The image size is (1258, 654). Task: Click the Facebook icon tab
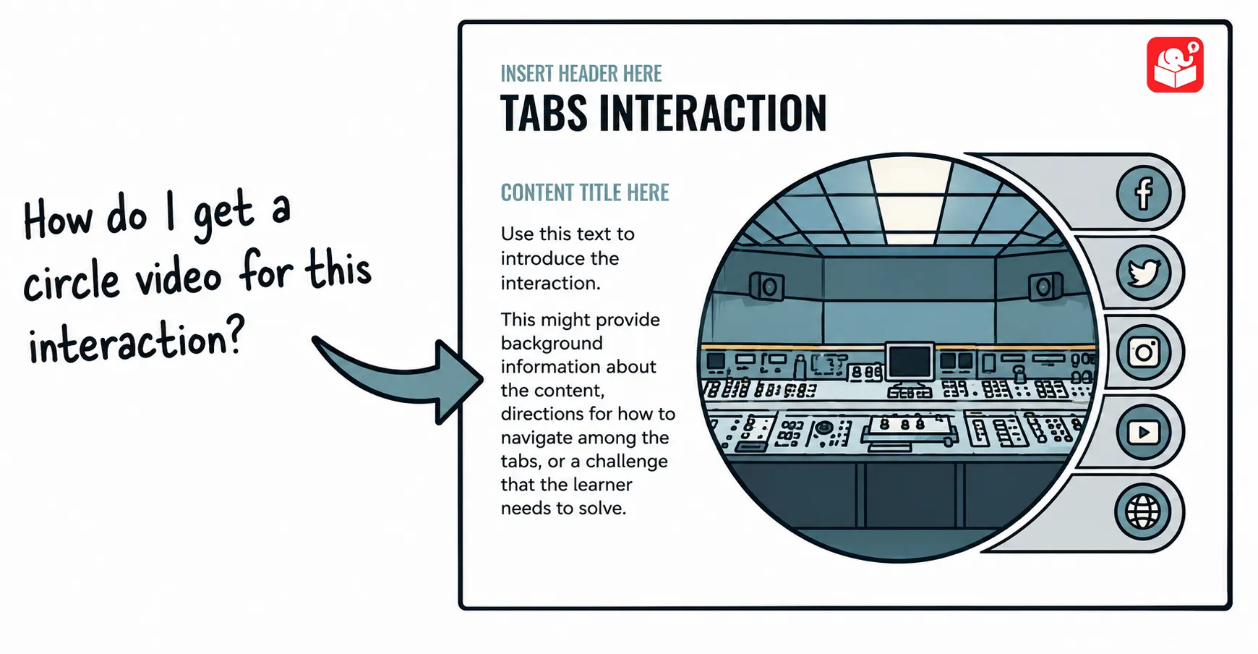click(1143, 193)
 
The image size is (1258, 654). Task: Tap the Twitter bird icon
click(1143, 273)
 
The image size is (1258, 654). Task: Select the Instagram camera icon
click(1143, 352)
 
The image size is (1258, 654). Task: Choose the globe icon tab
click(1143, 511)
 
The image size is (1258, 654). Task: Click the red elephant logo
click(1175, 65)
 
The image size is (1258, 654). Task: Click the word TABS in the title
click(544, 114)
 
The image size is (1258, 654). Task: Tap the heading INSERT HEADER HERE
click(581, 74)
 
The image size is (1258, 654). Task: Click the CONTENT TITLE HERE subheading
click(585, 192)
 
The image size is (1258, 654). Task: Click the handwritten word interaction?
click(136, 339)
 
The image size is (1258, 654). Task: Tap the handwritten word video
click(179, 278)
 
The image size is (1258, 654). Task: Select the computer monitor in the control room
click(910, 365)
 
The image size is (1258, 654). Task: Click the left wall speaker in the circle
click(766, 286)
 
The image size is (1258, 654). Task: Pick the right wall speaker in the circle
click(1045, 286)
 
